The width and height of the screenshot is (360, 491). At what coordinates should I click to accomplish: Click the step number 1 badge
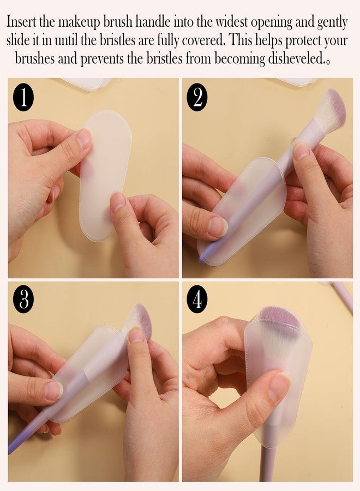[x=23, y=98]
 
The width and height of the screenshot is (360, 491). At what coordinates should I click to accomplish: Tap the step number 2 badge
[x=197, y=98]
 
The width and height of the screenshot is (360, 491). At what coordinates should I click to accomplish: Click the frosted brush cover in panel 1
[x=105, y=175]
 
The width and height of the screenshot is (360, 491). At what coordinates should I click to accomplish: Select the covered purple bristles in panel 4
[x=280, y=319]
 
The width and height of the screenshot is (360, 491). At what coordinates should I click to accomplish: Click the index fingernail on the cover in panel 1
[x=84, y=138]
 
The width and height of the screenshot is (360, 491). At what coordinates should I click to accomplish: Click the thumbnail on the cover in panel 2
[x=218, y=226]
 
